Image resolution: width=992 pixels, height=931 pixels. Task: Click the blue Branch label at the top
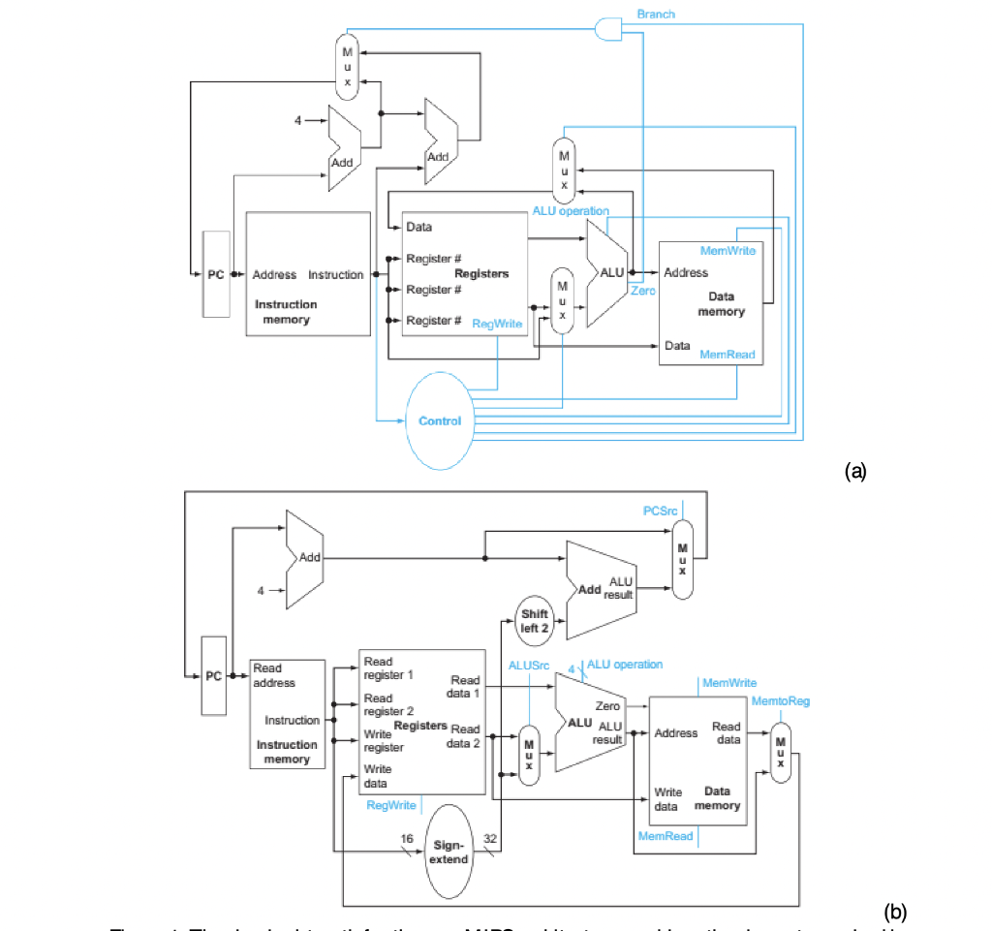tap(656, 14)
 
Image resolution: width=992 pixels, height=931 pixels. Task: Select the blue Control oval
tap(440, 421)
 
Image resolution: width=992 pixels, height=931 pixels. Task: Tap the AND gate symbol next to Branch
tap(608, 28)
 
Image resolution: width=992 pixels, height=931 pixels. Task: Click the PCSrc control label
tap(661, 511)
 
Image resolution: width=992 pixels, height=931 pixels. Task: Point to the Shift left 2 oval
tap(534, 620)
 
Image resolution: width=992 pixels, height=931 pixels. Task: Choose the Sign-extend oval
tap(449, 852)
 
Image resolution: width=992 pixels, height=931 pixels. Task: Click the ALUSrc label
tap(529, 666)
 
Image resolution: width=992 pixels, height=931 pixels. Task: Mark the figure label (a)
tap(855, 471)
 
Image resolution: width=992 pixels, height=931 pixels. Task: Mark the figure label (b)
tap(895, 911)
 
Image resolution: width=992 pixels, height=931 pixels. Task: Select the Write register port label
tap(378, 741)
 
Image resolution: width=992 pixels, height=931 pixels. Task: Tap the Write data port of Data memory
tap(667, 798)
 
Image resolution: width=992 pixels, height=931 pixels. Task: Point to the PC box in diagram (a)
tap(216, 275)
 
